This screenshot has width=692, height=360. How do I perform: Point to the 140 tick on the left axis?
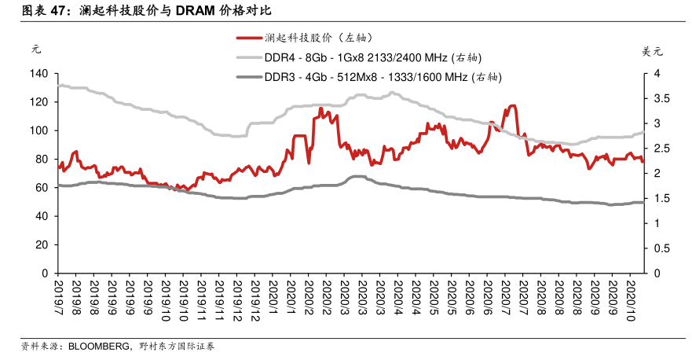38,74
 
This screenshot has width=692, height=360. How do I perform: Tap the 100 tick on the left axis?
38,130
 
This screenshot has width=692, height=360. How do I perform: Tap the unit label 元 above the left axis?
35,49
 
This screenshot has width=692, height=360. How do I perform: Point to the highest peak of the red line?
512,105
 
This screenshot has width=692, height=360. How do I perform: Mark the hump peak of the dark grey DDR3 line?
357,176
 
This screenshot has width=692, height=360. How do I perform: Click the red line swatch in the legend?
248,38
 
